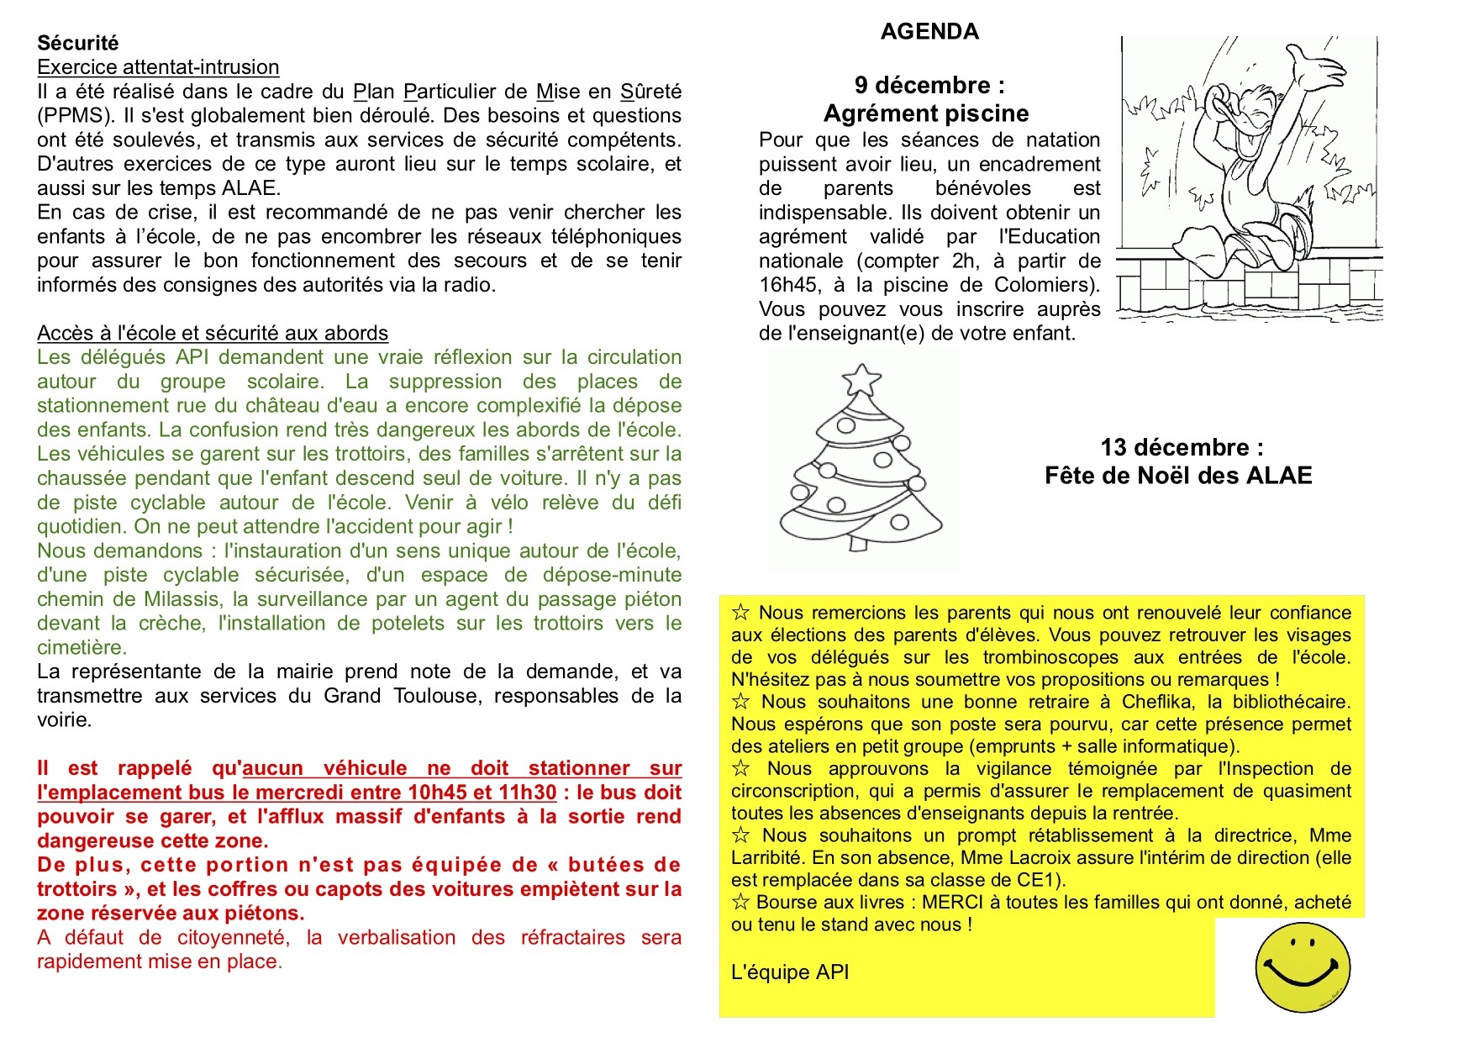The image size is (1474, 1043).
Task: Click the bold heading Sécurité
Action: tap(78, 43)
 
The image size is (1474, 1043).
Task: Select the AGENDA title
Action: tap(929, 32)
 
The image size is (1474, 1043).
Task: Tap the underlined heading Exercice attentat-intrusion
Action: tap(158, 67)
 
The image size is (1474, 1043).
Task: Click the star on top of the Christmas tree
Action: tap(861, 379)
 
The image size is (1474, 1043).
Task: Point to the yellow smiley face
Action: tap(1303, 967)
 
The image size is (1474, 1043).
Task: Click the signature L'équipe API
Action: tap(790, 972)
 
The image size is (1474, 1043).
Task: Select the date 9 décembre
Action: tap(929, 85)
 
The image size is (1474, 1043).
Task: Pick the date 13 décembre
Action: tap(1182, 447)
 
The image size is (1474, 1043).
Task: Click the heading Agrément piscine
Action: tap(926, 113)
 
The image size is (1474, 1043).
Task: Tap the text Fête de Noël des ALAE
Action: tap(1178, 476)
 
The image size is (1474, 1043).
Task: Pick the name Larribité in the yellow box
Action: tap(768, 858)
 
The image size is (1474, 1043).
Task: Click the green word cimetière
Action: tap(81, 648)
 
